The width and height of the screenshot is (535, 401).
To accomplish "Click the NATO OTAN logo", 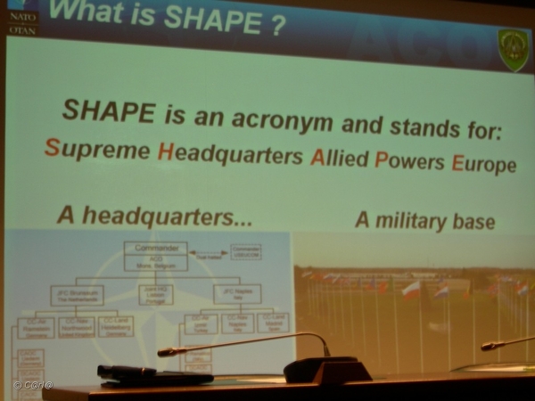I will tap(21, 19).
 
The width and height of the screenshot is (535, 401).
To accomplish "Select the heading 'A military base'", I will tap(424, 220).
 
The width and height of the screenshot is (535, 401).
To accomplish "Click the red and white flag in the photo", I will tap(410, 290).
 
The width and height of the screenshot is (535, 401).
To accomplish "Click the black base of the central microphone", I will tap(326, 369).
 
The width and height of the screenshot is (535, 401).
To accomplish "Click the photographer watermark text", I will tap(32, 385).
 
